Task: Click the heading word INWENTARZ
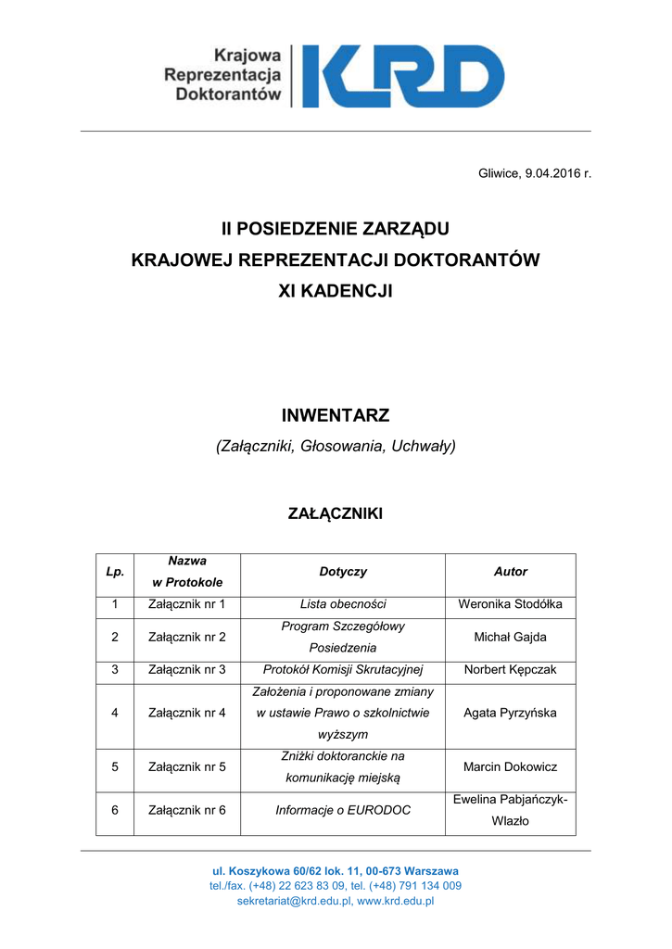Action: [x=336, y=415]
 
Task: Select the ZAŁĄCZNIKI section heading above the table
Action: [x=336, y=512]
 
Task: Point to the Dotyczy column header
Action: [x=343, y=572]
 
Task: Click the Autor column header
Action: [x=510, y=572]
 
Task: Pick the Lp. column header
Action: [x=115, y=572]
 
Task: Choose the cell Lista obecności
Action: [x=343, y=604]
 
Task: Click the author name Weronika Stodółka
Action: [x=510, y=604]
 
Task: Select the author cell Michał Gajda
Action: [x=510, y=637]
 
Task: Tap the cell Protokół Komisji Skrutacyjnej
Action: [x=343, y=669]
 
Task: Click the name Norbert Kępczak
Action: [x=510, y=669]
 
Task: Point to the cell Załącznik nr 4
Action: [x=187, y=713]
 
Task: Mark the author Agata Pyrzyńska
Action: [x=510, y=713]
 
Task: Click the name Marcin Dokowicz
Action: [x=510, y=766]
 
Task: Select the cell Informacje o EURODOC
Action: [x=343, y=810]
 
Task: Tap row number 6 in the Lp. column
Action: [x=115, y=810]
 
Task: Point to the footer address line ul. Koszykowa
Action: [x=336, y=871]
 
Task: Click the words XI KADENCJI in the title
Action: [x=336, y=291]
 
